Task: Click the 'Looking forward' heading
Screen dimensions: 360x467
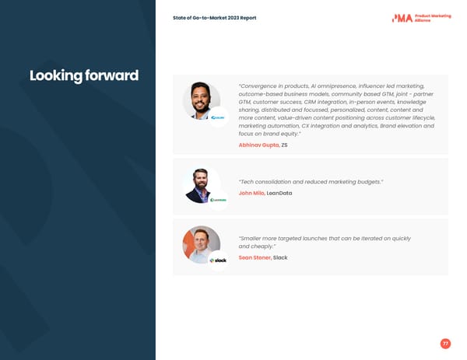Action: (84, 76)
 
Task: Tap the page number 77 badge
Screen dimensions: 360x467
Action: (445, 344)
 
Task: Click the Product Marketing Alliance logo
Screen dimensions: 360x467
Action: (421, 18)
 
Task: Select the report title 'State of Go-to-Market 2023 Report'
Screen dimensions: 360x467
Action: (214, 18)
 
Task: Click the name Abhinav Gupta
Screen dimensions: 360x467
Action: (258, 145)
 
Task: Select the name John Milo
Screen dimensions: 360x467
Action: (251, 193)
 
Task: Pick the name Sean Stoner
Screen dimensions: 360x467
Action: (255, 257)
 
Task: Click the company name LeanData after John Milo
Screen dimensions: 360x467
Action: (279, 193)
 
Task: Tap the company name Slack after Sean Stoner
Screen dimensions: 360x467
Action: (280, 257)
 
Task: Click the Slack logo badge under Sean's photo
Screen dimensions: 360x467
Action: (219, 260)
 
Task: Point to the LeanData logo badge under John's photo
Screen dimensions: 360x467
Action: (219, 200)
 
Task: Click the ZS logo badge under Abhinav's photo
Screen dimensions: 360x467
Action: (219, 118)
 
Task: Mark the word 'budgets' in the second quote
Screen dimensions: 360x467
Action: (366, 181)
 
